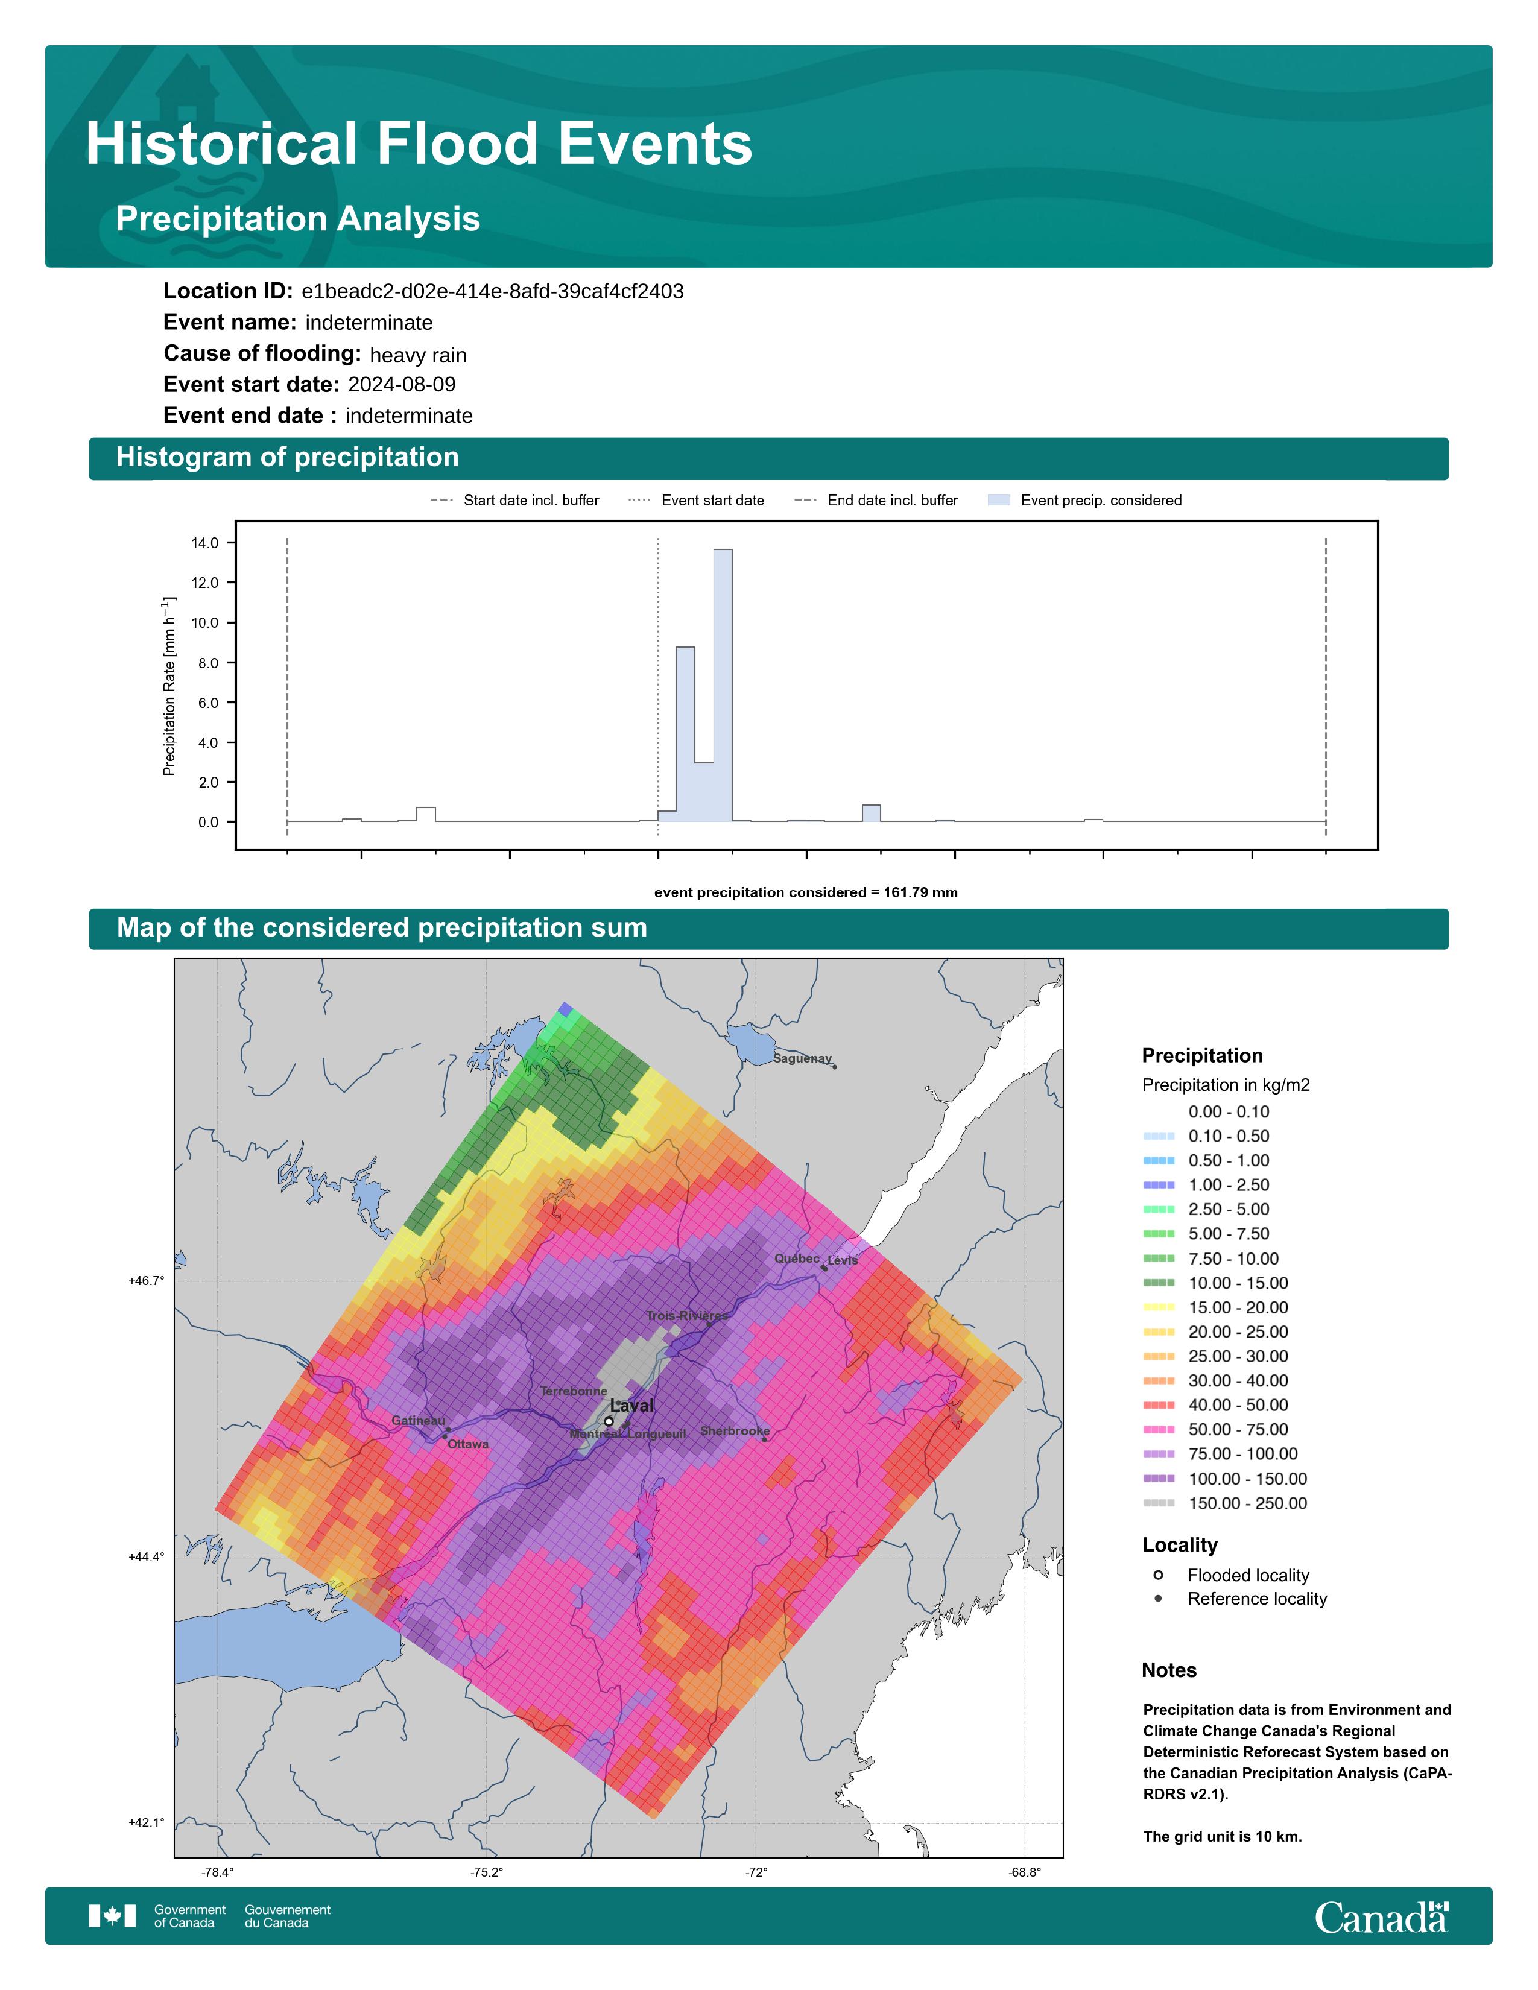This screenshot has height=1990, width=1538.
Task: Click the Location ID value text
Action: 492,292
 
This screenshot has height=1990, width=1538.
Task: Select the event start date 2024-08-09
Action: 402,385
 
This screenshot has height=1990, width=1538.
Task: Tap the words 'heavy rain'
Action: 418,355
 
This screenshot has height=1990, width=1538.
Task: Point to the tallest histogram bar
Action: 723,685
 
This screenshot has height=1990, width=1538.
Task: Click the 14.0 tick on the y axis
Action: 205,543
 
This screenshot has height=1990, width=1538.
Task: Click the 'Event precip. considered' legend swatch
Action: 999,501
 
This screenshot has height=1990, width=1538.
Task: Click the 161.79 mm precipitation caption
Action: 805,893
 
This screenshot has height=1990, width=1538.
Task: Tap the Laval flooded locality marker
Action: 609,1421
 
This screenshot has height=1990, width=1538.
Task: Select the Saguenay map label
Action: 803,1059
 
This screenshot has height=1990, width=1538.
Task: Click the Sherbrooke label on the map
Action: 735,1432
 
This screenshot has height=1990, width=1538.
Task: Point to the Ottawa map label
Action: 467,1444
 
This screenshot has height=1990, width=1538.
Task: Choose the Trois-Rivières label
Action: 687,1316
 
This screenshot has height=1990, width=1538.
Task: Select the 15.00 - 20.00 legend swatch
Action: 1158,1307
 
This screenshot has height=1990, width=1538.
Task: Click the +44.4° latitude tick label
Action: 147,1557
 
